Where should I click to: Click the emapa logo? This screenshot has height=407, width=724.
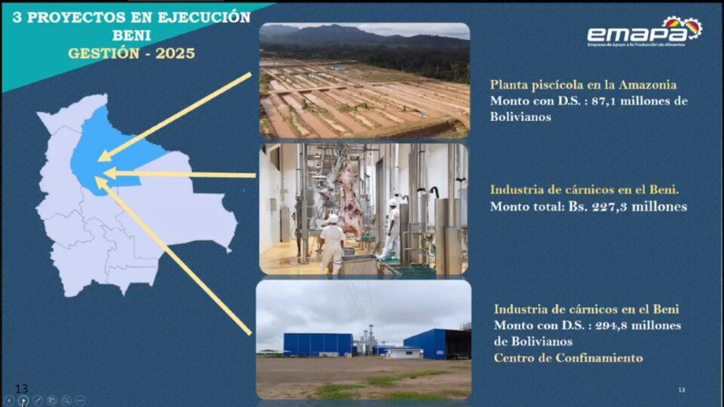point(645,32)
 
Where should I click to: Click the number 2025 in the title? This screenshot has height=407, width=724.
point(175,54)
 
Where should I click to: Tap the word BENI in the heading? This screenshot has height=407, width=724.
point(131,35)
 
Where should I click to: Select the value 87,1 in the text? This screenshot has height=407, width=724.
point(603,100)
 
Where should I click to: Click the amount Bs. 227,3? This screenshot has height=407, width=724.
point(598,207)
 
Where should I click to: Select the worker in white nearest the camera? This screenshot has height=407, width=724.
point(332,243)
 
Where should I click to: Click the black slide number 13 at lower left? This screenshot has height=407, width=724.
point(22,389)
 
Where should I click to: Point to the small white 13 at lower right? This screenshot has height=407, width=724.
point(682,390)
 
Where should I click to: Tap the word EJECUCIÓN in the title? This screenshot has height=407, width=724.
point(204,17)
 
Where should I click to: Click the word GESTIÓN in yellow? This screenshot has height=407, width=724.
point(104,54)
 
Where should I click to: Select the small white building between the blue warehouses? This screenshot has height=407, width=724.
point(404,353)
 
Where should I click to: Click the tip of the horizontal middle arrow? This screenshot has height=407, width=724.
point(104,173)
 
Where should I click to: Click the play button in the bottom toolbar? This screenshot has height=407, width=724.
point(23,400)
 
